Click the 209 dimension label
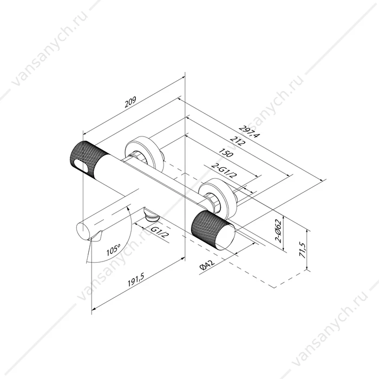pyautogui.click(x=130, y=102)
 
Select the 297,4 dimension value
pyautogui.click(x=249, y=132)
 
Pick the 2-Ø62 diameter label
pyautogui.click(x=279, y=231)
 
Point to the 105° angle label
pyautogui.click(x=114, y=250)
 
